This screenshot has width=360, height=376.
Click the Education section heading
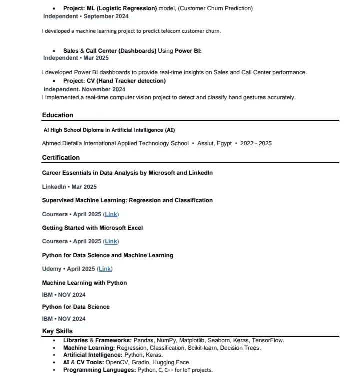(x=57, y=115)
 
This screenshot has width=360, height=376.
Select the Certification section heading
(x=61, y=158)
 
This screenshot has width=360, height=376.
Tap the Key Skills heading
(x=57, y=331)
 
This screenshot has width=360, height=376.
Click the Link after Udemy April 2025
(x=105, y=269)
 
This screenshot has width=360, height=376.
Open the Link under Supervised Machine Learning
(x=111, y=214)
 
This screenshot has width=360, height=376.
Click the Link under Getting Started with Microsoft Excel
(x=111, y=242)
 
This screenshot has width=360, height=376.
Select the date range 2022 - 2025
(x=256, y=143)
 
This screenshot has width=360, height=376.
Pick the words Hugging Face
(x=172, y=363)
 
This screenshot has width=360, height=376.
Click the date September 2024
(x=105, y=17)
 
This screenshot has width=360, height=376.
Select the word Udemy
(x=52, y=269)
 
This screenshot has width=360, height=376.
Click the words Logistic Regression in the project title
(x=129, y=9)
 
